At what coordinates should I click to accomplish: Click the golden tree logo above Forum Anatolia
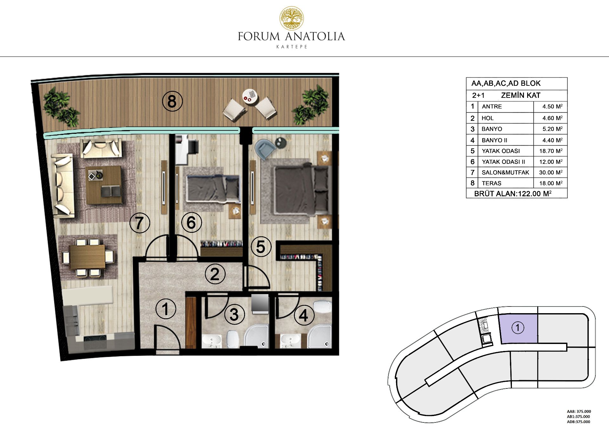[x=291, y=18]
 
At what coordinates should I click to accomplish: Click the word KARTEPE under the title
[x=292, y=47]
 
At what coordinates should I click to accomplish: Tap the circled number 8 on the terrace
[x=172, y=101]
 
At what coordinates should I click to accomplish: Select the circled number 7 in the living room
[x=140, y=223]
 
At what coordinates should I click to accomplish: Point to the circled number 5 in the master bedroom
[x=261, y=247]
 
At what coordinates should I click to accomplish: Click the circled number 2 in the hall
[x=215, y=274]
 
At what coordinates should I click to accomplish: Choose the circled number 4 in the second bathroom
[x=304, y=315]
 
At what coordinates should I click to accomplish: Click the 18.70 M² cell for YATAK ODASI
[x=551, y=151]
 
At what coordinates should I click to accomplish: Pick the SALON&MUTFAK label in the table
[x=505, y=172]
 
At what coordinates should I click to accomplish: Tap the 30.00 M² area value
[x=551, y=172]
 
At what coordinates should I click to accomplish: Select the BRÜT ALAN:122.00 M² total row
[x=513, y=193]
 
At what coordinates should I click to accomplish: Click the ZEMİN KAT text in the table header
[x=520, y=95]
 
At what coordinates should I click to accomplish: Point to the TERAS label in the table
[x=492, y=183]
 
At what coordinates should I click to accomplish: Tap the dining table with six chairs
[x=87, y=256]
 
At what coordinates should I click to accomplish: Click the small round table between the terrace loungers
[x=250, y=96]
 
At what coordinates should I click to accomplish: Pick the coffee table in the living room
[x=104, y=185]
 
